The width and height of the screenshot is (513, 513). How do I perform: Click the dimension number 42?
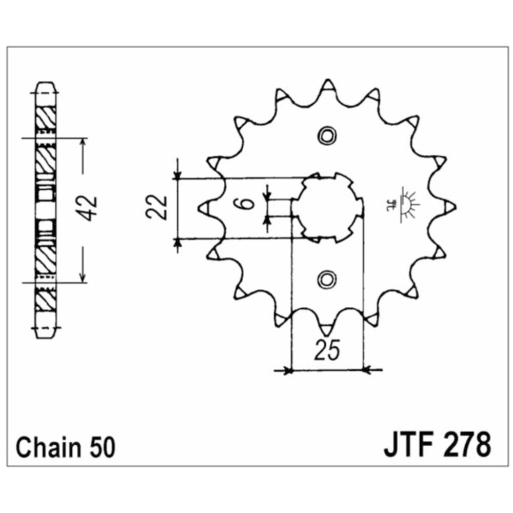88,209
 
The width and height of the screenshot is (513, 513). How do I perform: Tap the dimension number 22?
156,207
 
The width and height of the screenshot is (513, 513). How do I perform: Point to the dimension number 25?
327,350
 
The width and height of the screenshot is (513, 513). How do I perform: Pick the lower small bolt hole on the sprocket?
326,280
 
